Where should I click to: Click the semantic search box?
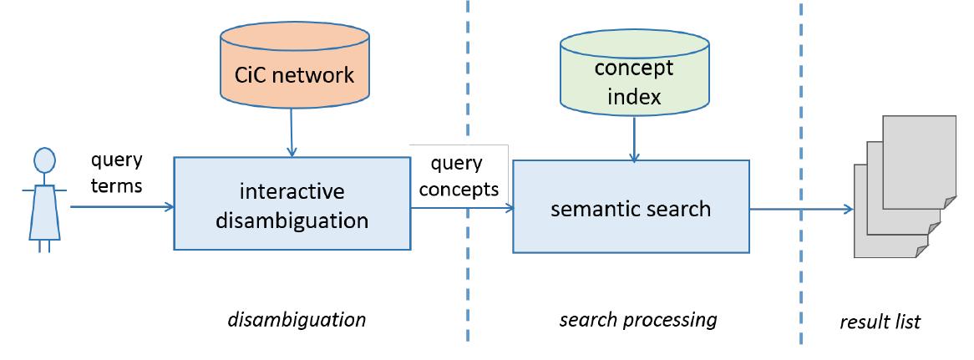pos(631,207)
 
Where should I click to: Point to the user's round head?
pos(44,160)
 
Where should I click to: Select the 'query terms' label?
pos(116,172)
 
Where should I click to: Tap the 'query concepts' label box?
pos(459,176)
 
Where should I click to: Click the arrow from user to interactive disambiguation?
pos(121,206)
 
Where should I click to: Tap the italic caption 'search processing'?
pos(637,319)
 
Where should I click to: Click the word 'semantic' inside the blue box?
pos(589,208)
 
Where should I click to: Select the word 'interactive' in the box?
pos(292,192)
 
